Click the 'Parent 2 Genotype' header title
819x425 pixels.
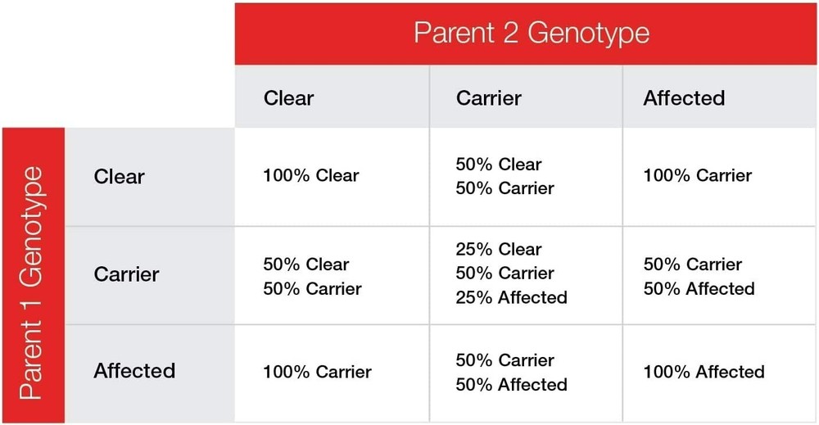click(x=532, y=34)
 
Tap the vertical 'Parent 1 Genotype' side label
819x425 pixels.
click(x=31, y=283)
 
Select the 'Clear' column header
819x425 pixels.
click(x=289, y=98)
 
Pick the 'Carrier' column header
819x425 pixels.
click(x=489, y=98)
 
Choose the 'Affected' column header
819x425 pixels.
click(x=684, y=98)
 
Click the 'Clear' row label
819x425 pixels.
click(x=119, y=177)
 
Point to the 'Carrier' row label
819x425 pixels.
click(x=126, y=274)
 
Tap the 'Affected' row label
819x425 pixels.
click(x=135, y=371)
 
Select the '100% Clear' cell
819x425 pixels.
click(x=311, y=175)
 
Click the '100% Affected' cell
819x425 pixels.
click(x=704, y=372)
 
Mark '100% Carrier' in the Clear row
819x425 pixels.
click(x=698, y=175)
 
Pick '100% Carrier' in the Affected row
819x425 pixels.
click(x=318, y=372)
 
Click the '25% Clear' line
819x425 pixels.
click(x=499, y=250)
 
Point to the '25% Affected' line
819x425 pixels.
click(x=511, y=297)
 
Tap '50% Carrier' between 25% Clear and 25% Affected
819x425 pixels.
click(x=505, y=273)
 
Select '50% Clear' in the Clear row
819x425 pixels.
click(x=499, y=165)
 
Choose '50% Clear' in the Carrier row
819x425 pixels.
click(x=306, y=264)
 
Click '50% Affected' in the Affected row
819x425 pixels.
click(x=511, y=385)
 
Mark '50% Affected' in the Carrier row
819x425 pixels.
click(x=699, y=289)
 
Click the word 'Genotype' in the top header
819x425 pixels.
click(x=589, y=34)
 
